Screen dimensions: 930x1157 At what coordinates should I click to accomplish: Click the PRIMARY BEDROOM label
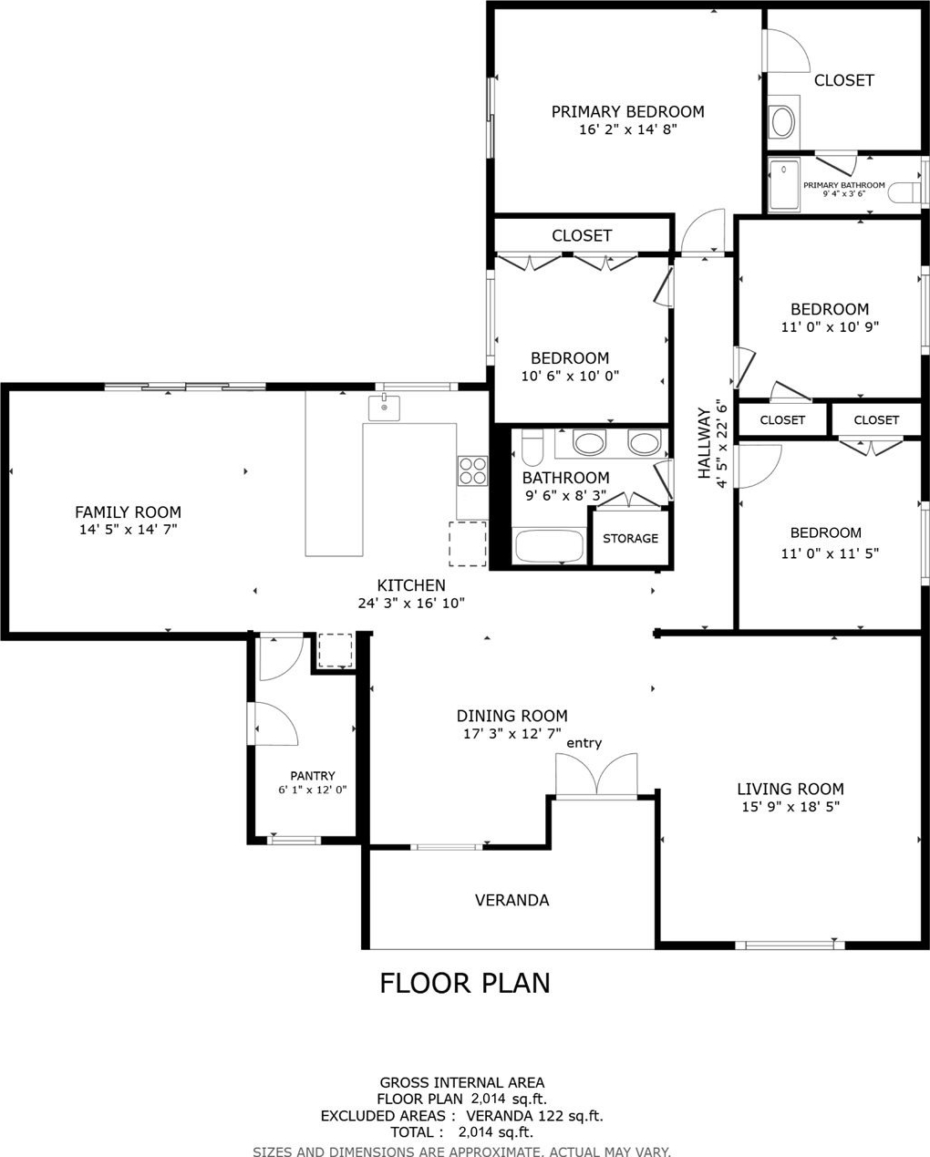coord(627,112)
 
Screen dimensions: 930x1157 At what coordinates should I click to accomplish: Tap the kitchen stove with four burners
coord(472,470)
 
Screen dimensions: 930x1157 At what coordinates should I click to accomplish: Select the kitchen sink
coord(384,408)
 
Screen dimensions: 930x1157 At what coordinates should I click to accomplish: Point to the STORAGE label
coord(630,538)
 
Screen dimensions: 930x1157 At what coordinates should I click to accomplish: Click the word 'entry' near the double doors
coord(584,743)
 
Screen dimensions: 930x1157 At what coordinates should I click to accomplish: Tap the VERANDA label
coord(511,900)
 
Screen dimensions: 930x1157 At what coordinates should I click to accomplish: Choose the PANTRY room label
coord(313,776)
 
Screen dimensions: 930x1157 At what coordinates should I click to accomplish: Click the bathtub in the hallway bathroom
coord(549,546)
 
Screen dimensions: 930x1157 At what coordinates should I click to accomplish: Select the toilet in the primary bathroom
coord(904,192)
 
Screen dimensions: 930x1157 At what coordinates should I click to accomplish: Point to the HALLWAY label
coord(704,443)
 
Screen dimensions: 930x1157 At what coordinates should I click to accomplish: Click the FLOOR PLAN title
coord(465,984)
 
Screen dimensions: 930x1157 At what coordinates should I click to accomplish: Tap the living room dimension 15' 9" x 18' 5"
coord(790,807)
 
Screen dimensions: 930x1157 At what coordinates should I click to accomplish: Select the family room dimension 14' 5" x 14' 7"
coord(128,529)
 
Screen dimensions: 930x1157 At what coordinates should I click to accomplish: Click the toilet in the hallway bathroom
coord(532,448)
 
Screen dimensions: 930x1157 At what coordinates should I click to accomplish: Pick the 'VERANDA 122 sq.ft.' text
coord(534,1116)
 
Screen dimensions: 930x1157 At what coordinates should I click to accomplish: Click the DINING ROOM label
coord(511,716)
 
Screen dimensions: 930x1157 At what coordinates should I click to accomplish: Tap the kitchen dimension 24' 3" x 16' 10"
coord(411,603)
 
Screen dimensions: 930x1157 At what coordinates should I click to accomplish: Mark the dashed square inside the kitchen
coord(468,543)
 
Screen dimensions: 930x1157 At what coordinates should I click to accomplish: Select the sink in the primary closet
coord(782,121)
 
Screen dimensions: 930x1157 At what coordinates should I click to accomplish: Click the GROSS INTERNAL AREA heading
coord(461,1082)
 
